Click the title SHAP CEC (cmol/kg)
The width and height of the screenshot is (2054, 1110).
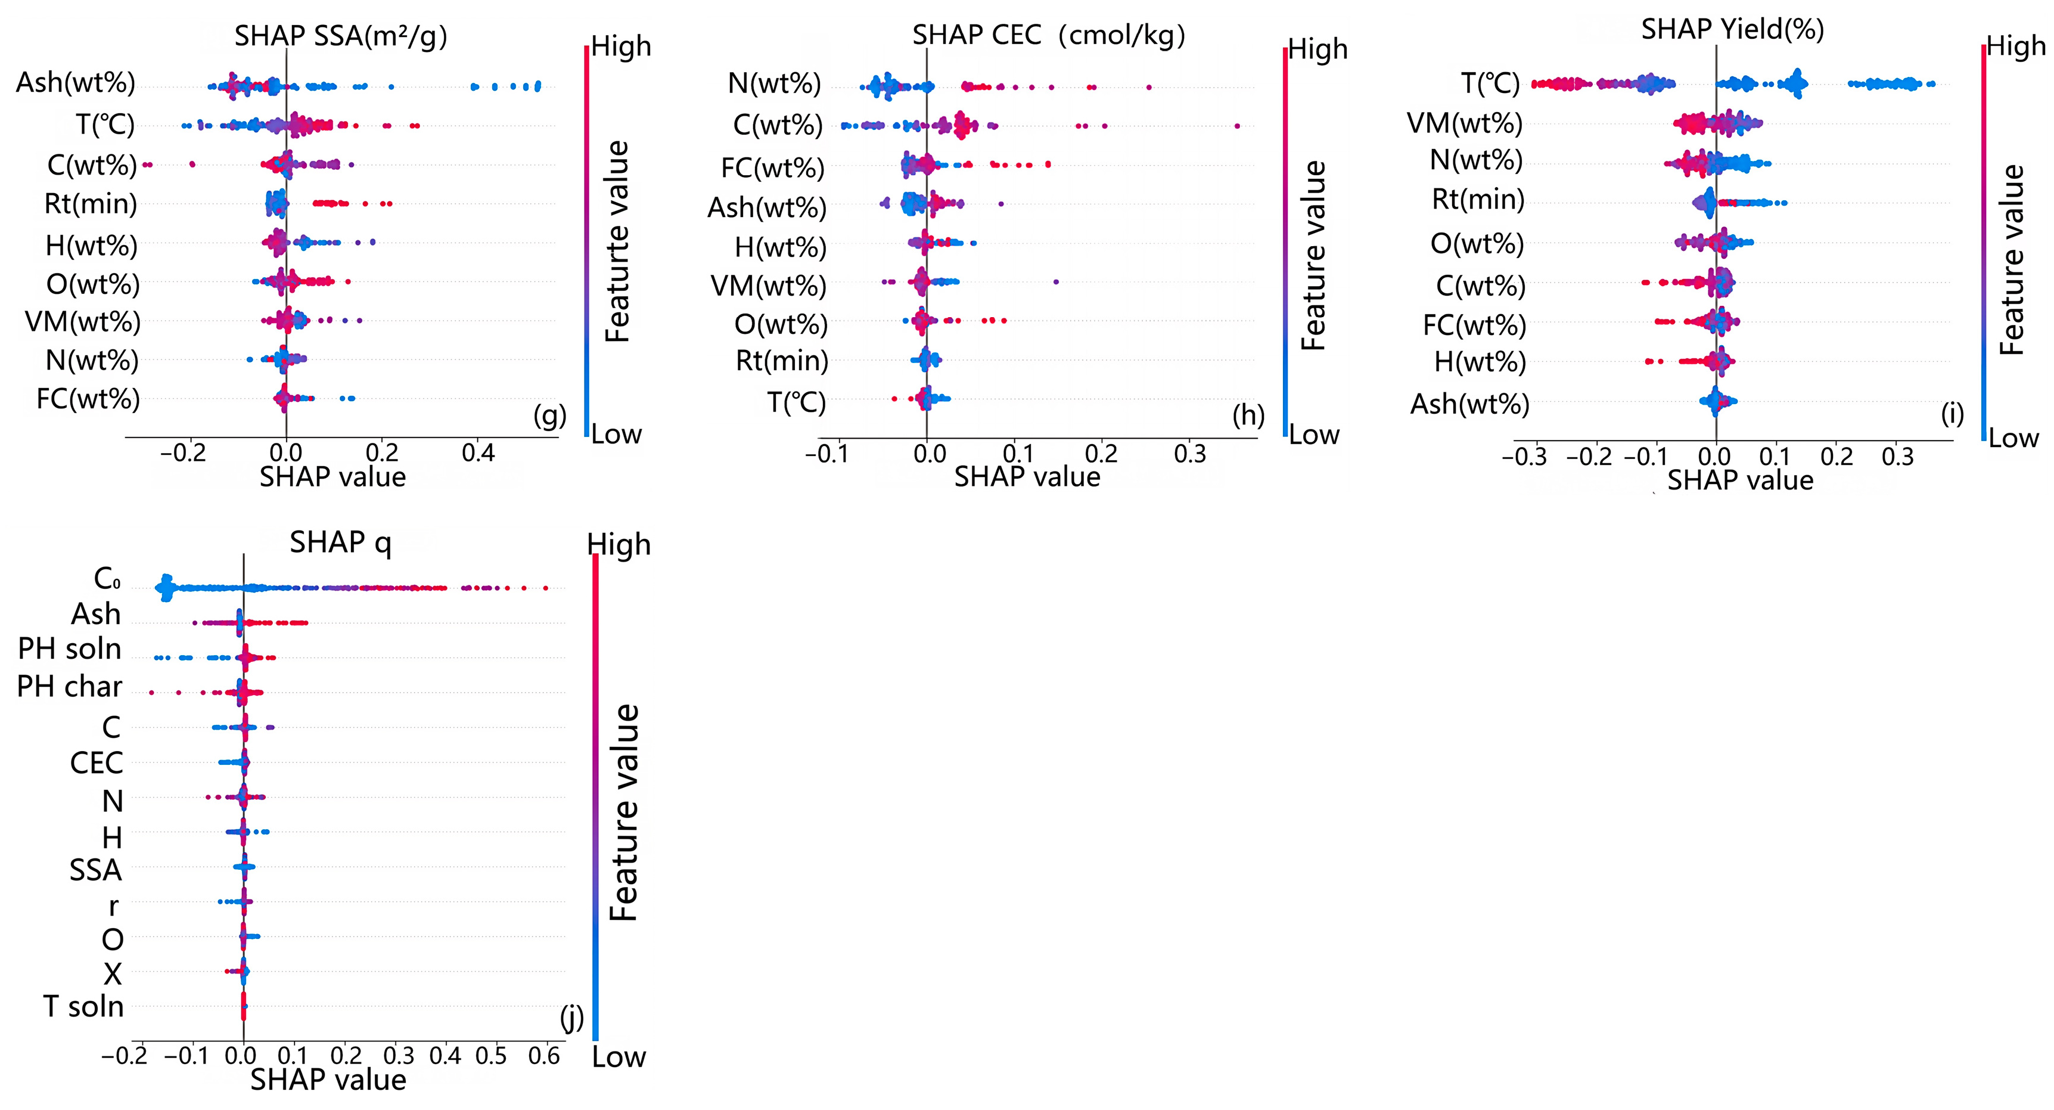click(x=1049, y=36)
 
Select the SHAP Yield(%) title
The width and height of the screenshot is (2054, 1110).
click(x=1733, y=29)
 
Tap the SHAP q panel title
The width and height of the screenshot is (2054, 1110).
click(x=340, y=543)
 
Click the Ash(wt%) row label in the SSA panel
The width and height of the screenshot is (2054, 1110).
click(x=76, y=83)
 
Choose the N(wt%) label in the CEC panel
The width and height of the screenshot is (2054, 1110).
click(x=774, y=83)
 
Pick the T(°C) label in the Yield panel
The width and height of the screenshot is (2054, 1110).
click(x=1490, y=83)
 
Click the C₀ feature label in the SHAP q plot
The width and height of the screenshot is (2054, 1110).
click(x=107, y=578)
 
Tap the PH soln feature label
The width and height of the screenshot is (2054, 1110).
click(x=70, y=649)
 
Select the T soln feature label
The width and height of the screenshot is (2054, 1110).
click(x=84, y=1006)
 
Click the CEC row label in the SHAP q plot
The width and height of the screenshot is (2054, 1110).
click(x=97, y=763)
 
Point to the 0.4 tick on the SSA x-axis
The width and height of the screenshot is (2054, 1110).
click(x=478, y=454)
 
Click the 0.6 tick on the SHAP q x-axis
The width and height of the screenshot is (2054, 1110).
click(x=544, y=1056)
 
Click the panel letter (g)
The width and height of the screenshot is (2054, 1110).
click(x=550, y=416)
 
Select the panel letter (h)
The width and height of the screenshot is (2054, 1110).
click(x=1248, y=416)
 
